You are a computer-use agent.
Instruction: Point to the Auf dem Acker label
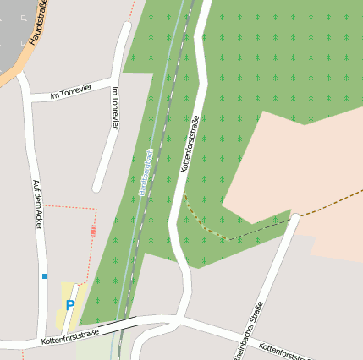click(x=37, y=205)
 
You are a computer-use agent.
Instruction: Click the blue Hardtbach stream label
click(x=145, y=173)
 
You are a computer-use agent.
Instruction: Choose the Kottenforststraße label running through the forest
click(x=190, y=144)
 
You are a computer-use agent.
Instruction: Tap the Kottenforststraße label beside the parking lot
click(x=69, y=337)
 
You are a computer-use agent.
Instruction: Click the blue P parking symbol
click(x=70, y=306)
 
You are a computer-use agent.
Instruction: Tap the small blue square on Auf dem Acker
click(x=45, y=275)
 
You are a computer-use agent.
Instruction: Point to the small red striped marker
click(x=93, y=230)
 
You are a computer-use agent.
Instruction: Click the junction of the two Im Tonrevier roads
click(x=114, y=84)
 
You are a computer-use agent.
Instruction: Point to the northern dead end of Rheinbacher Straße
click(x=295, y=218)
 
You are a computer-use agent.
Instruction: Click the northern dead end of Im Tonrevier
click(x=126, y=26)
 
